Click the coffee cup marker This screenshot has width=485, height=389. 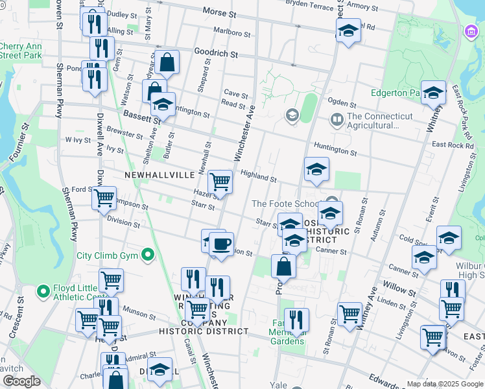[221, 244]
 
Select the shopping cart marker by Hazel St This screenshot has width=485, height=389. [220, 183]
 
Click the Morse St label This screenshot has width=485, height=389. [220, 12]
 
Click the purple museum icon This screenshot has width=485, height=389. [470, 31]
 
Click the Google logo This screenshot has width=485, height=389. [22, 381]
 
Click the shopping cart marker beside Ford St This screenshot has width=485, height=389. [104, 198]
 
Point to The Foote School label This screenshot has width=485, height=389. [285, 204]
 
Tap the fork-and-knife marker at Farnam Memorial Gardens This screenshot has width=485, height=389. [296, 320]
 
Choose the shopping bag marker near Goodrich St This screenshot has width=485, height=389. [167, 63]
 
